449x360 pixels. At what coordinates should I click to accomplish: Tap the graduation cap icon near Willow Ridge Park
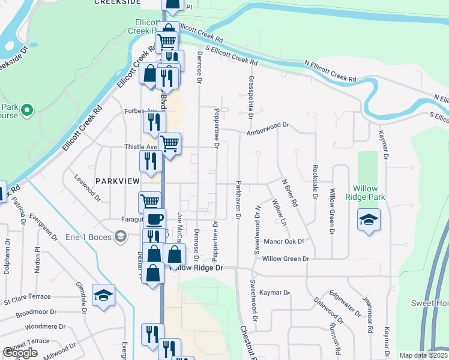369,219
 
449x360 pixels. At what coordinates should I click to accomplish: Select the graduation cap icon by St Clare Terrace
104,295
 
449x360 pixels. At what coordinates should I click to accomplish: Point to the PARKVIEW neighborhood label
118,181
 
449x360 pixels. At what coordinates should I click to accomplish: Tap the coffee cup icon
155,218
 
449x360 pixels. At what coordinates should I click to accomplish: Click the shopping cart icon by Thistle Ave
170,144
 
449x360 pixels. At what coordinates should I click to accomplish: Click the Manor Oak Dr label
285,242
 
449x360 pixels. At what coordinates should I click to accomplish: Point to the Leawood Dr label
87,188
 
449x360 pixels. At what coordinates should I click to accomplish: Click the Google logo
20,353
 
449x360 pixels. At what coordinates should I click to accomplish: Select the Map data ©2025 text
423,355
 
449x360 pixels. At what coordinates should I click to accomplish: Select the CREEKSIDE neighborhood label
117,2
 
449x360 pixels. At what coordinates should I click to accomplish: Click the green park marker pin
26,110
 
